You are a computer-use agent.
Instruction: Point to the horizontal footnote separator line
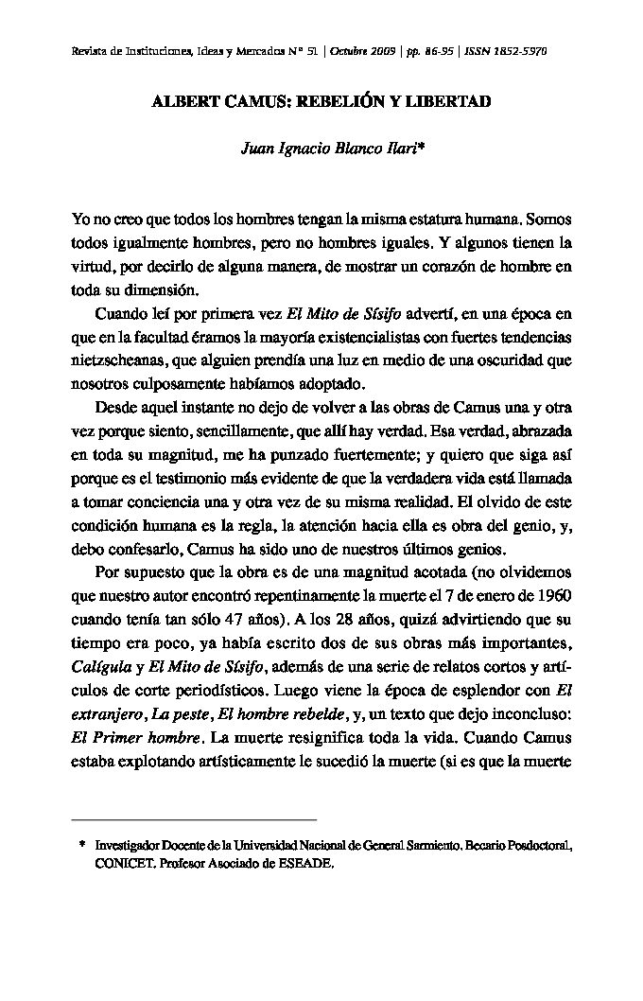(x=194, y=817)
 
